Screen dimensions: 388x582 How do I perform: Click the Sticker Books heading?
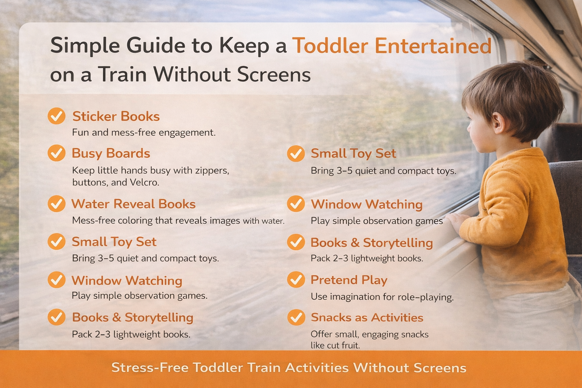point(116,116)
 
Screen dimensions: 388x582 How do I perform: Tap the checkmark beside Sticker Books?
point(56,116)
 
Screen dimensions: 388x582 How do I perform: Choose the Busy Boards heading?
point(111,153)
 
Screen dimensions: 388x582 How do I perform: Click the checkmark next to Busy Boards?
point(56,153)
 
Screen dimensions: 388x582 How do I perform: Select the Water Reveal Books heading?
point(133,204)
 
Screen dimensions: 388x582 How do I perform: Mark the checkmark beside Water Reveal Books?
point(56,204)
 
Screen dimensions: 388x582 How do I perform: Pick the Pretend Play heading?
point(349,280)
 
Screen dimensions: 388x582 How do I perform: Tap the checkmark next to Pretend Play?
point(296,280)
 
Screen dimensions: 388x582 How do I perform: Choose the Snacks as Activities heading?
point(367,318)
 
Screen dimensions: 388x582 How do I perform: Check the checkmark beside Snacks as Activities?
point(296,318)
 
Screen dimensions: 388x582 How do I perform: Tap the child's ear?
point(498,124)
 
